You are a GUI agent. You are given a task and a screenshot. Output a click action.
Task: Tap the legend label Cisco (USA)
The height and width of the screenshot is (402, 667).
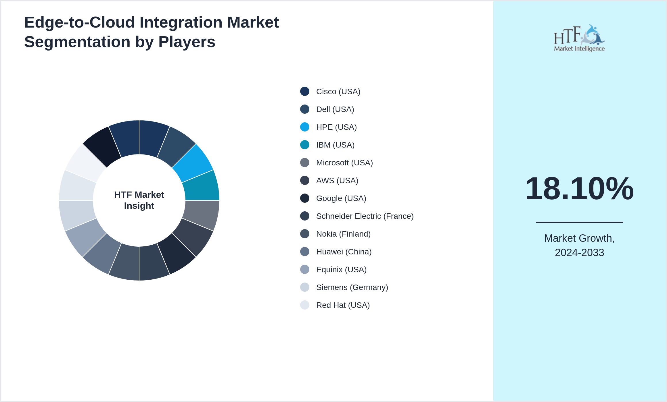[338, 92]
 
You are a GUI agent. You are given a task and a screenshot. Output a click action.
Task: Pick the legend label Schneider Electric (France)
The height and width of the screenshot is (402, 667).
[365, 216]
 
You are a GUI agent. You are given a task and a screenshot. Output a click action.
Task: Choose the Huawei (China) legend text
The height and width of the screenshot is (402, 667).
[344, 252]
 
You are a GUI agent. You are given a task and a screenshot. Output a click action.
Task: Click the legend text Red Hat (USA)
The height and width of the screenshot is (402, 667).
[343, 305]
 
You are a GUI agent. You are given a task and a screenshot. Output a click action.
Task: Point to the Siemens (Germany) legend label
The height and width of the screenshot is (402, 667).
[352, 287]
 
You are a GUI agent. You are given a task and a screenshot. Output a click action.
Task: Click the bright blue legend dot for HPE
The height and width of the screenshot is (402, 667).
[305, 127]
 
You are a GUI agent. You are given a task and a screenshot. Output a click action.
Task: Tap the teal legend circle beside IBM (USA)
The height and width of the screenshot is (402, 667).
[305, 145]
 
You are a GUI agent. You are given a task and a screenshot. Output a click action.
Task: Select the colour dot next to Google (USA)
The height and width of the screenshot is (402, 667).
[305, 198]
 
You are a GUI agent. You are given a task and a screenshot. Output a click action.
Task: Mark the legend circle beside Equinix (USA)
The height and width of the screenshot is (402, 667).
[305, 269]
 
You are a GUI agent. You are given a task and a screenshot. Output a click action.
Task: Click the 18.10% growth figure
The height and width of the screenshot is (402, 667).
[579, 189]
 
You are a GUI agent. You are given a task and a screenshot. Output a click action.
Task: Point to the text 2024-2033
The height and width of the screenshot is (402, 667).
[579, 253]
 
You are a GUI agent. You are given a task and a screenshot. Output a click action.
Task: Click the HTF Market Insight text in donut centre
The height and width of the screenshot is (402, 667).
[139, 200]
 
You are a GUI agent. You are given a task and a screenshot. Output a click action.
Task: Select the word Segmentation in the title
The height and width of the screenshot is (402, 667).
[77, 42]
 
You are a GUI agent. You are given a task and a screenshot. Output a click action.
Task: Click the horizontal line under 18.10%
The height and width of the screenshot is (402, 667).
[579, 222]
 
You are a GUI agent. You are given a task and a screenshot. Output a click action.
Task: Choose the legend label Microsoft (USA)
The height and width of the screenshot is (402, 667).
[344, 163]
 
